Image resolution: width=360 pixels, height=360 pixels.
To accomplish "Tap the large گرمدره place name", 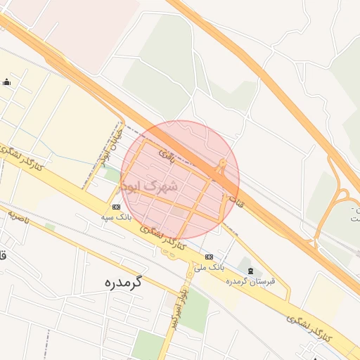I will click(x=113, y=283).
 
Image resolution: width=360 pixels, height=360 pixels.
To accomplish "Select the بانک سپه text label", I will click(x=116, y=219).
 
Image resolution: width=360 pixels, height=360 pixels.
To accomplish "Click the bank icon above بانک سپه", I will click(x=116, y=207).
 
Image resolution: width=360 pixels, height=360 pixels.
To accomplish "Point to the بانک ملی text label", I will click(x=209, y=268).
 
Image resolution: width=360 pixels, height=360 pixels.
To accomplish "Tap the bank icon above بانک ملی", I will click(x=209, y=257).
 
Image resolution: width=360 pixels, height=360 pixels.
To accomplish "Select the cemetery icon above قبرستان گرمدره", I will click(x=250, y=269).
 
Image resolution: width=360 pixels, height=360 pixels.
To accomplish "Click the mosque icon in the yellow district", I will click(x=7, y=82).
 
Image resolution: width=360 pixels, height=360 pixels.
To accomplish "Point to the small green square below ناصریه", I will click(x=50, y=226).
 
